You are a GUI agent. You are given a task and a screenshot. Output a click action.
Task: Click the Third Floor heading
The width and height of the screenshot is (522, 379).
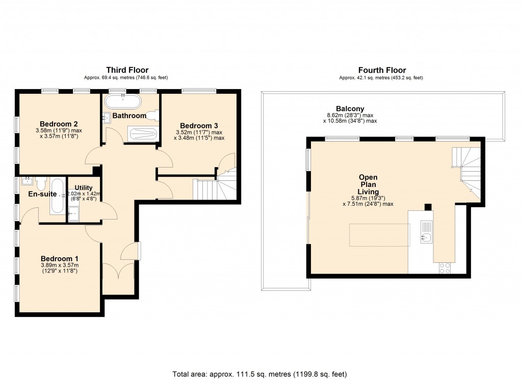click(x=127, y=70)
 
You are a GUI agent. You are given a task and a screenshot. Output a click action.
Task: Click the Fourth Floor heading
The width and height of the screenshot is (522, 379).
click(x=382, y=70)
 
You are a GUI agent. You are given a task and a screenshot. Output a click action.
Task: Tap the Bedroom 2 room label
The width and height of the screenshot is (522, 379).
click(x=59, y=124)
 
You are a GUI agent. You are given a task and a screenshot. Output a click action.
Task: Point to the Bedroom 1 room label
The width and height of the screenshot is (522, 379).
click(x=59, y=258)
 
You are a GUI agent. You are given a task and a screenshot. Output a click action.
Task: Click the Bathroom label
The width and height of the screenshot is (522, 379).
click(x=129, y=116)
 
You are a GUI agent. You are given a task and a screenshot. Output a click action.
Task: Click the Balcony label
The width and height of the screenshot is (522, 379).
click(x=350, y=109)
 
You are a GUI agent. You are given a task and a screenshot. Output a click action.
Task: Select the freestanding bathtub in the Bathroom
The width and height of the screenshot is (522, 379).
click(x=122, y=102)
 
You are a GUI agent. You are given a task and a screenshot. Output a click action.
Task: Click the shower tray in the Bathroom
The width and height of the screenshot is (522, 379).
click(x=142, y=133)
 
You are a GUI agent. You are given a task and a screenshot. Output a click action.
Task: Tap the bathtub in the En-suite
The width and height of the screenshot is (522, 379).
click(x=57, y=197)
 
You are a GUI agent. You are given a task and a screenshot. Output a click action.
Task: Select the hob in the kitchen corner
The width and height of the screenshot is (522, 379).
click(x=445, y=268)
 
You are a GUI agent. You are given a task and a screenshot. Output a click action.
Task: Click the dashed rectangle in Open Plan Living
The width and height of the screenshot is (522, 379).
click(x=380, y=235)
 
